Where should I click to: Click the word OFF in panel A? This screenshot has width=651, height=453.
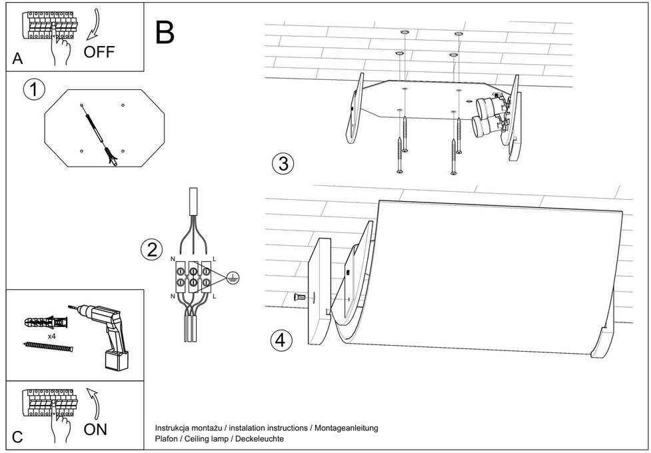[x=99, y=52]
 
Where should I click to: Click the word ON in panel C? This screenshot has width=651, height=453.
[x=95, y=430]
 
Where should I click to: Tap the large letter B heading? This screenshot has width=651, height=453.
[x=165, y=31]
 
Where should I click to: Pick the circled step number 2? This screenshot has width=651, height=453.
[x=151, y=250]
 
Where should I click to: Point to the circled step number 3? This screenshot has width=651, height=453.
[x=283, y=163]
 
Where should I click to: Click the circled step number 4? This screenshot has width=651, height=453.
[x=281, y=340]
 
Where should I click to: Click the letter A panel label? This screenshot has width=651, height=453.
[x=18, y=59]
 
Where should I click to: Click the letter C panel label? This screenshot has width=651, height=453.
[x=18, y=438]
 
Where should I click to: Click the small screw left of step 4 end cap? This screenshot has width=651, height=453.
[x=299, y=297]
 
